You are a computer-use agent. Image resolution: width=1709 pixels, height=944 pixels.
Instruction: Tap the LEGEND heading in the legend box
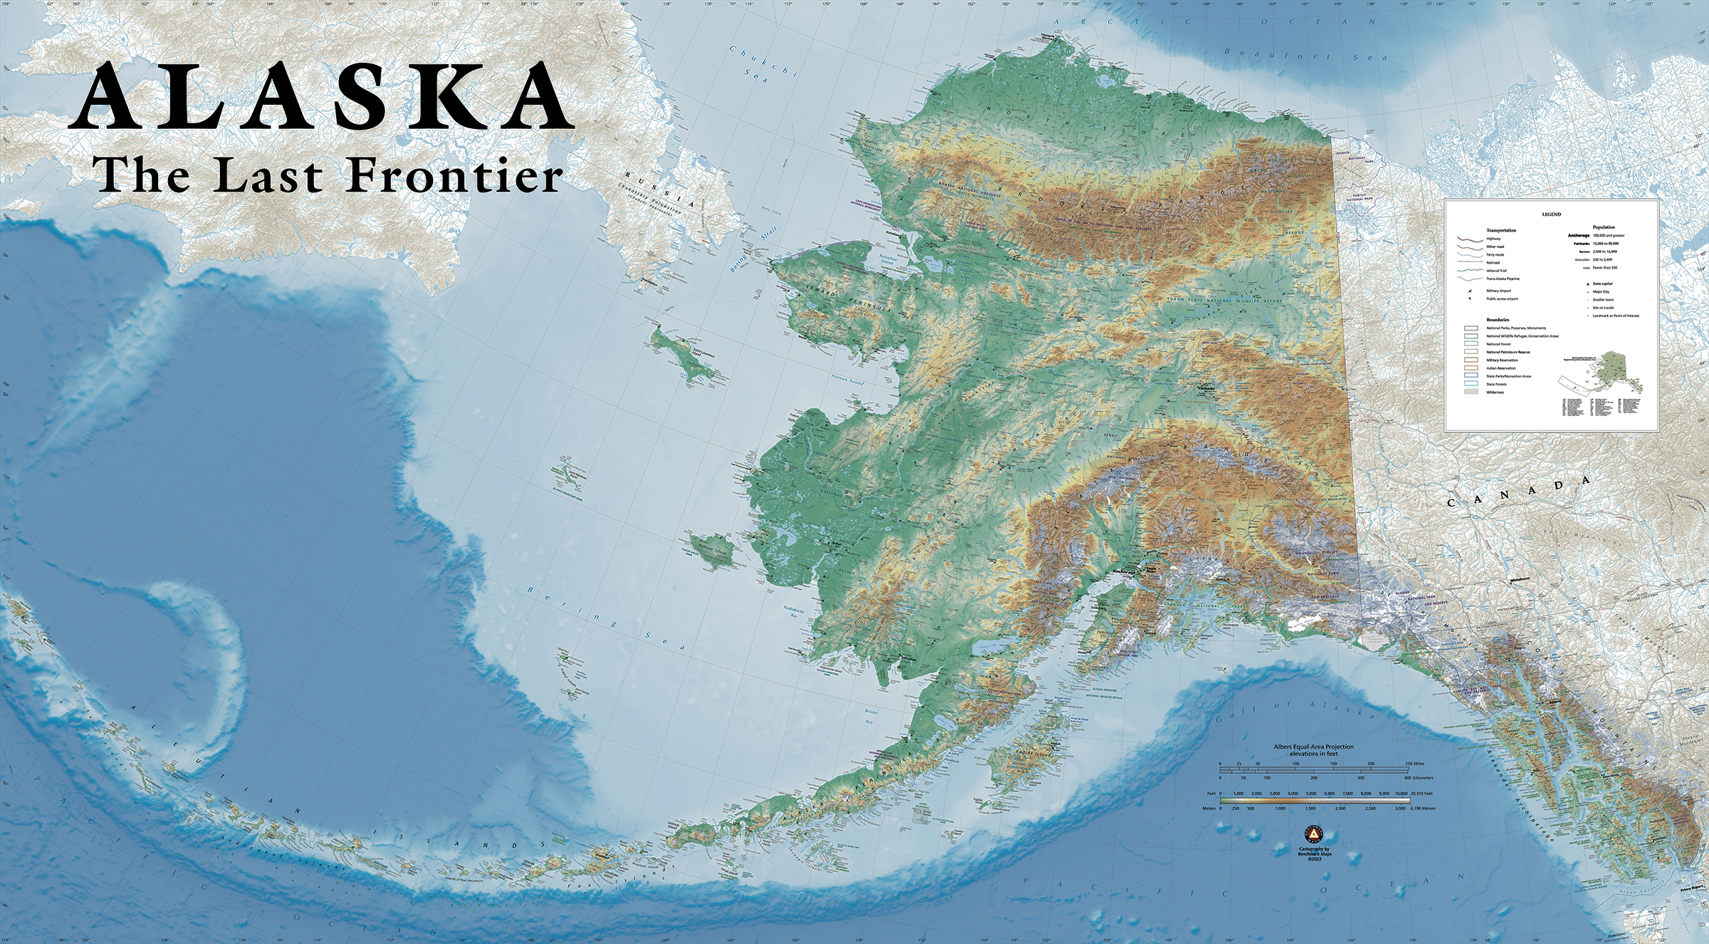tap(1551, 214)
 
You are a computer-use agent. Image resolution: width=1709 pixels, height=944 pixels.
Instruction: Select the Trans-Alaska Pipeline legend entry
tap(1502, 279)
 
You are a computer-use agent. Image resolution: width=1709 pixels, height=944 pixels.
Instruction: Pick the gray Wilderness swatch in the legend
tap(1470, 393)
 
